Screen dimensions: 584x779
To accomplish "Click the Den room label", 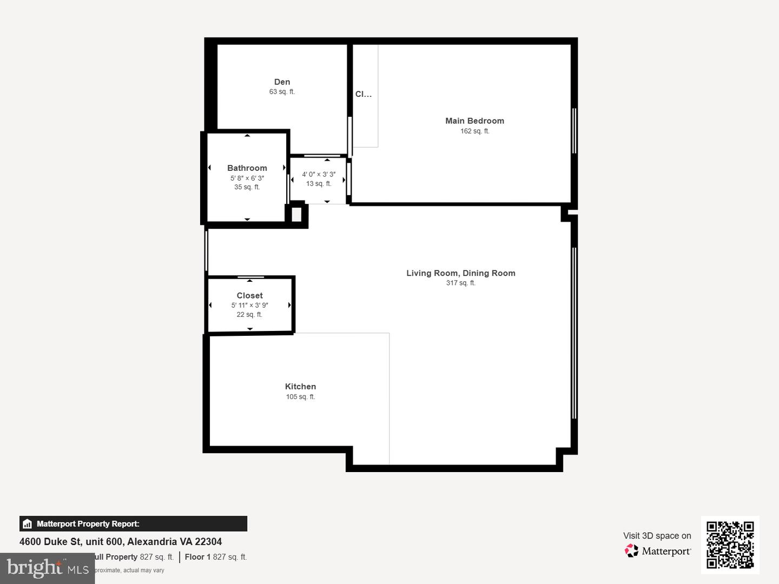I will point(282,82).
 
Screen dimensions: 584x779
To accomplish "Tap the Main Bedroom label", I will point(474,121).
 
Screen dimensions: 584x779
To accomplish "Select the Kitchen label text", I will point(300,387).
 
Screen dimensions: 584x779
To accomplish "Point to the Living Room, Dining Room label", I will point(460,273).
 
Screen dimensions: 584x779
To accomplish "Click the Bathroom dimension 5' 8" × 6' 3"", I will point(247,178).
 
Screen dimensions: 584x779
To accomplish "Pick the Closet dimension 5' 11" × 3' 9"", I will point(249,305).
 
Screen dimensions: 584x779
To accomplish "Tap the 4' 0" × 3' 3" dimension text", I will point(319,174).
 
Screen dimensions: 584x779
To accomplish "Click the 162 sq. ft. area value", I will point(474,131).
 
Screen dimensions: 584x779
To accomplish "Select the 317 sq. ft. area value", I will point(460,283).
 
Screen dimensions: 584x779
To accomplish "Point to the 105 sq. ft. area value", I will point(300,397).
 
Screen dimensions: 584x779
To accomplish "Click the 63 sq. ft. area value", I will point(282,92).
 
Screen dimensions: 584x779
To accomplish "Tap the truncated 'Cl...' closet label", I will point(364,94).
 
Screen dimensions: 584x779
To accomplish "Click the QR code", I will point(730,545).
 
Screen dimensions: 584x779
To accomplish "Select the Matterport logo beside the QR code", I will point(658,551).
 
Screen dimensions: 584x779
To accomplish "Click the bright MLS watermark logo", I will point(48,568).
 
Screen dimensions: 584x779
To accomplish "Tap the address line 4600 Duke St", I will point(121,542).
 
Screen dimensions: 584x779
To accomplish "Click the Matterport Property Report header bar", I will point(133,523).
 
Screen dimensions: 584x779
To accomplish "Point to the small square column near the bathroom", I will point(296,215).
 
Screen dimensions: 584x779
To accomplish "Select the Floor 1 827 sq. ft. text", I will point(215,557).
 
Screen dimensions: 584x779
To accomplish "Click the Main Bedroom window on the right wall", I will point(574,131).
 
